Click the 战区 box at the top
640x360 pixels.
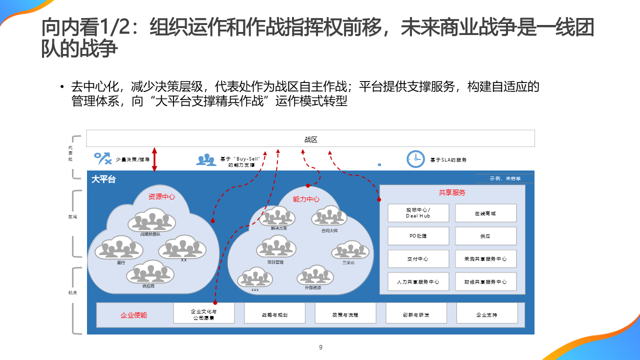310,139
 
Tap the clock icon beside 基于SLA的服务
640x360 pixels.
415,159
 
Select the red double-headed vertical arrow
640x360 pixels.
154,159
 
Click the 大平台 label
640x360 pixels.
103,179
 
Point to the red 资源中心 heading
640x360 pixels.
161,196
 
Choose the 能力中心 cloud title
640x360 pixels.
306,199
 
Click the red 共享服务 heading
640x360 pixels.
452,192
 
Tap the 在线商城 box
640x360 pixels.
485,213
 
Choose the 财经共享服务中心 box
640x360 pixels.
485,282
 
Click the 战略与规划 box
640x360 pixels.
274,315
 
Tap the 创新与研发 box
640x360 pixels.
416,315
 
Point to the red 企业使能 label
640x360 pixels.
133,315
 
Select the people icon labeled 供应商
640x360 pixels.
149,273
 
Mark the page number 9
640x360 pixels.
320,347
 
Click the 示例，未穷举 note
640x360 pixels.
505,178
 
